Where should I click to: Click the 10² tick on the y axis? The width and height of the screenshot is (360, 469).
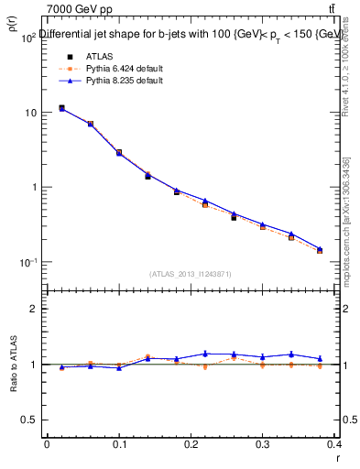(25, 38)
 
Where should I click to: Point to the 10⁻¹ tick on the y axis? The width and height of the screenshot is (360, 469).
(25, 263)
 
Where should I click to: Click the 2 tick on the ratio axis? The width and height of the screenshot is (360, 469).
(32, 309)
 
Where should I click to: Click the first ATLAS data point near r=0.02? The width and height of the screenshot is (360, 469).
(61, 108)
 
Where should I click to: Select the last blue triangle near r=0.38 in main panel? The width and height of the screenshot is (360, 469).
(321, 248)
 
